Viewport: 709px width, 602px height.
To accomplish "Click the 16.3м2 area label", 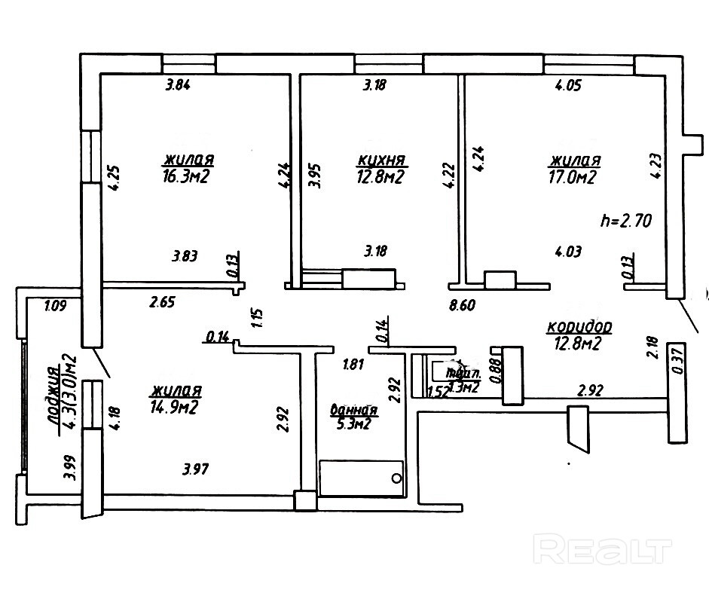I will pyautogui.click(x=185, y=178).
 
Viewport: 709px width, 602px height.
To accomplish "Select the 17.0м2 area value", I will pyautogui.click(x=575, y=178).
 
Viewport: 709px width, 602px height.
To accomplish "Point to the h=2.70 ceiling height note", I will pyautogui.click(x=625, y=221).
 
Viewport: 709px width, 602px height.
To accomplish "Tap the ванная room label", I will pyautogui.click(x=353, y=410).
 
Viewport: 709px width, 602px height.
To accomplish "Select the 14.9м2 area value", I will pyautogui.click(x=175, y=408).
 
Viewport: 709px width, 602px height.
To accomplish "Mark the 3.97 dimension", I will pyautogui.click(x=195, y=470).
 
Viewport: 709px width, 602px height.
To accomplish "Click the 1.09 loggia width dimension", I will pyautogui.click(x=56, y=306).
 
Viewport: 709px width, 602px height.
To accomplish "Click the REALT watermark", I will pyautogui.click(x=601, y=549).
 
